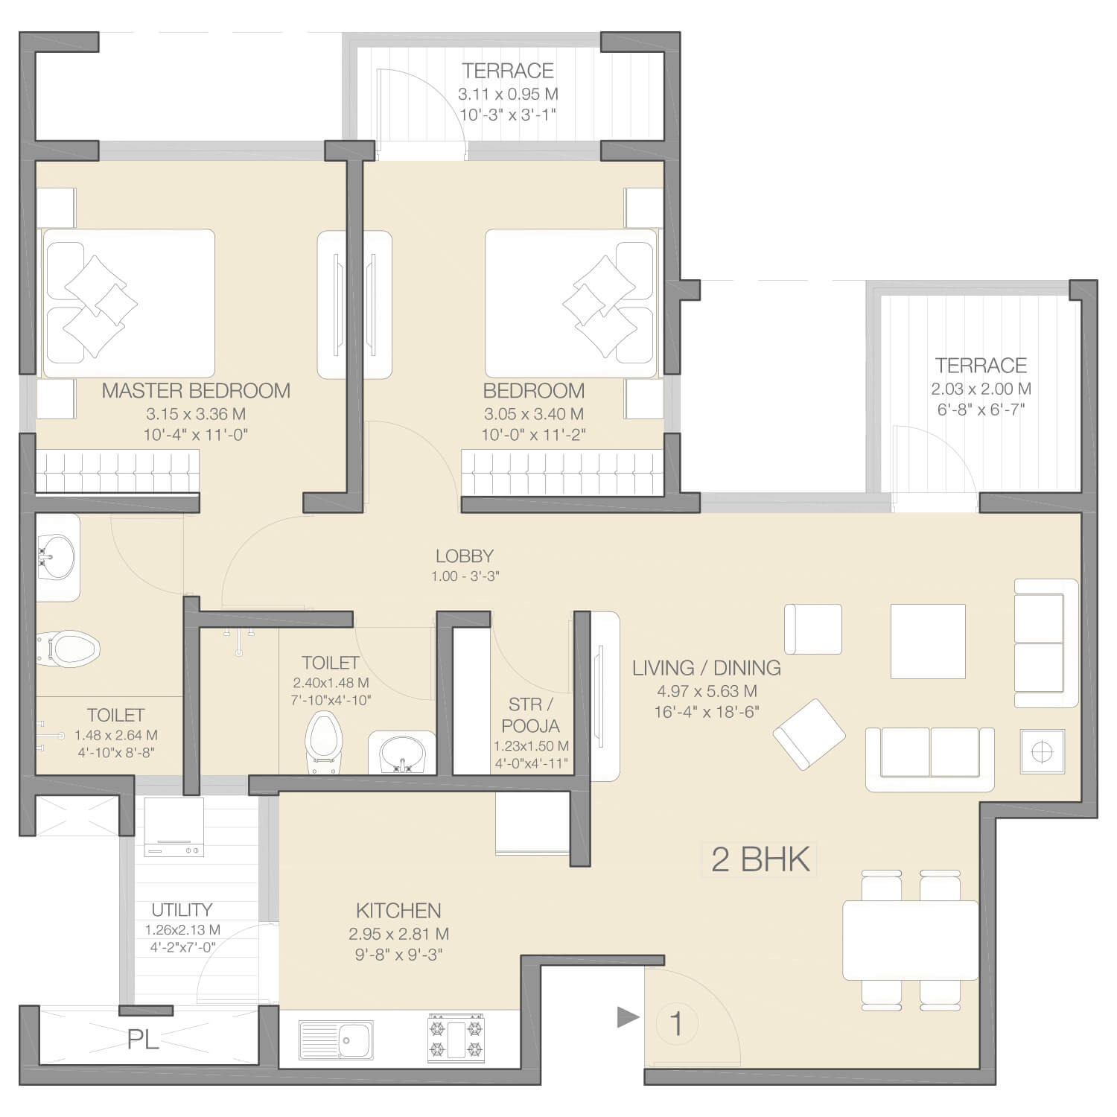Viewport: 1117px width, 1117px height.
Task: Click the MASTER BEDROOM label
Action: pos(196,391)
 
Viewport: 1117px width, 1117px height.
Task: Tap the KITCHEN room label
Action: pos(398,911)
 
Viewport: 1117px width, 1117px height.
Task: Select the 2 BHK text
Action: pos(760,859)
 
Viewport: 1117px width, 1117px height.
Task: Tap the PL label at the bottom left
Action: pos(143,1040)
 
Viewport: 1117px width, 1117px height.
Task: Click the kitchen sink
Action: pos(336,1040)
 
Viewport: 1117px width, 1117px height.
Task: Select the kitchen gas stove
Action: pos(455,1037)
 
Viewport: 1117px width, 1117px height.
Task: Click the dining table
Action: pos(910,940)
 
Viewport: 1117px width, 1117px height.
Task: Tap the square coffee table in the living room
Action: pos(928,641)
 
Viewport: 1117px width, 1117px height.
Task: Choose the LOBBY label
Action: pos(465,556)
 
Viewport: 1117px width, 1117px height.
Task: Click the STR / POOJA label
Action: pos(531,715)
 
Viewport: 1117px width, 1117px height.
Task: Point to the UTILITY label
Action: pos(182,910)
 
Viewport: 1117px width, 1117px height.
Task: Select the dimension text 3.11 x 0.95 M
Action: pos(508,95)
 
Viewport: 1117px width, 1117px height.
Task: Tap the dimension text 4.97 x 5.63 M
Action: pos(707,691)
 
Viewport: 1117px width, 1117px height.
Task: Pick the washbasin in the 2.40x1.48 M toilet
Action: pos(402,753)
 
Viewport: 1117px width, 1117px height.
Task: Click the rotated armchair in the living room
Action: pos(809,734)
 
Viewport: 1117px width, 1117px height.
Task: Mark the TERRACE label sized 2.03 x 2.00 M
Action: pos(981,366)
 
